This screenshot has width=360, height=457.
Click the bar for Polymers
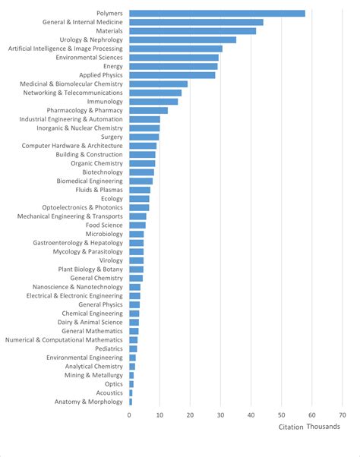(216, 13)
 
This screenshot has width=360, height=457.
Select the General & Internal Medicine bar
(196, 22)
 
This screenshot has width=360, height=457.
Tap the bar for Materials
(192, 30)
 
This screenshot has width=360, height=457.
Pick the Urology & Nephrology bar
(182, 39)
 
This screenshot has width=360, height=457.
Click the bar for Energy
(173, 66)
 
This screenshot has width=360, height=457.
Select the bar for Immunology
(153, 101)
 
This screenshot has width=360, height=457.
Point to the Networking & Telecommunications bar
(155, 93)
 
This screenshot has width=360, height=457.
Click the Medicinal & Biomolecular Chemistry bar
(158, 84)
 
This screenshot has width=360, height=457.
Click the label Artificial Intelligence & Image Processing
(65, 48)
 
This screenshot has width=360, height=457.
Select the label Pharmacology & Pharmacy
(84, 110)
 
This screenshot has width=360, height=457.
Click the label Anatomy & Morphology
(88, 402)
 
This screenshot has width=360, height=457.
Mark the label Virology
(110, 260)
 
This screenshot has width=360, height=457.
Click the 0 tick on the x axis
(129, 415)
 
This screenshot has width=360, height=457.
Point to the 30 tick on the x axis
(220, 415)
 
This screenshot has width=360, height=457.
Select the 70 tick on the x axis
(342, 415)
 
